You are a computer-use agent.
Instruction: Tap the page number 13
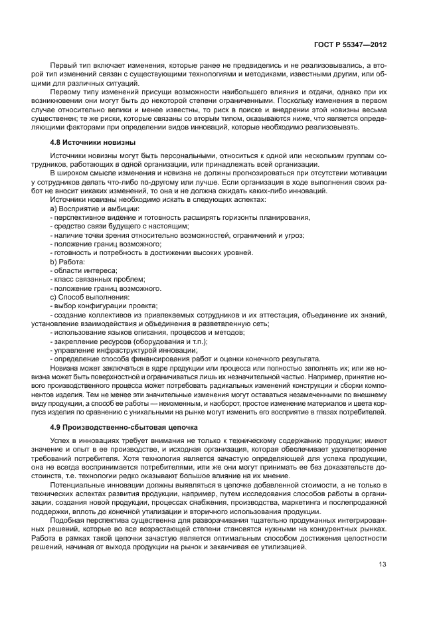(383, 565)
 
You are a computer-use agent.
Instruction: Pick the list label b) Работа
(67, 262)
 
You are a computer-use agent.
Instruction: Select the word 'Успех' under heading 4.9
(60, 441)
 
